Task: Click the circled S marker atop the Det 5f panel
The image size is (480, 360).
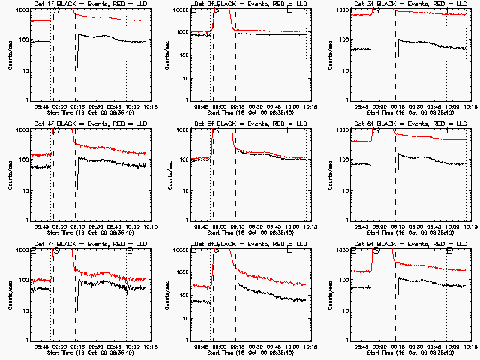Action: click(216, 130)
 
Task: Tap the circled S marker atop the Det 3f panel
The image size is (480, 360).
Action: click(376, 10)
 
